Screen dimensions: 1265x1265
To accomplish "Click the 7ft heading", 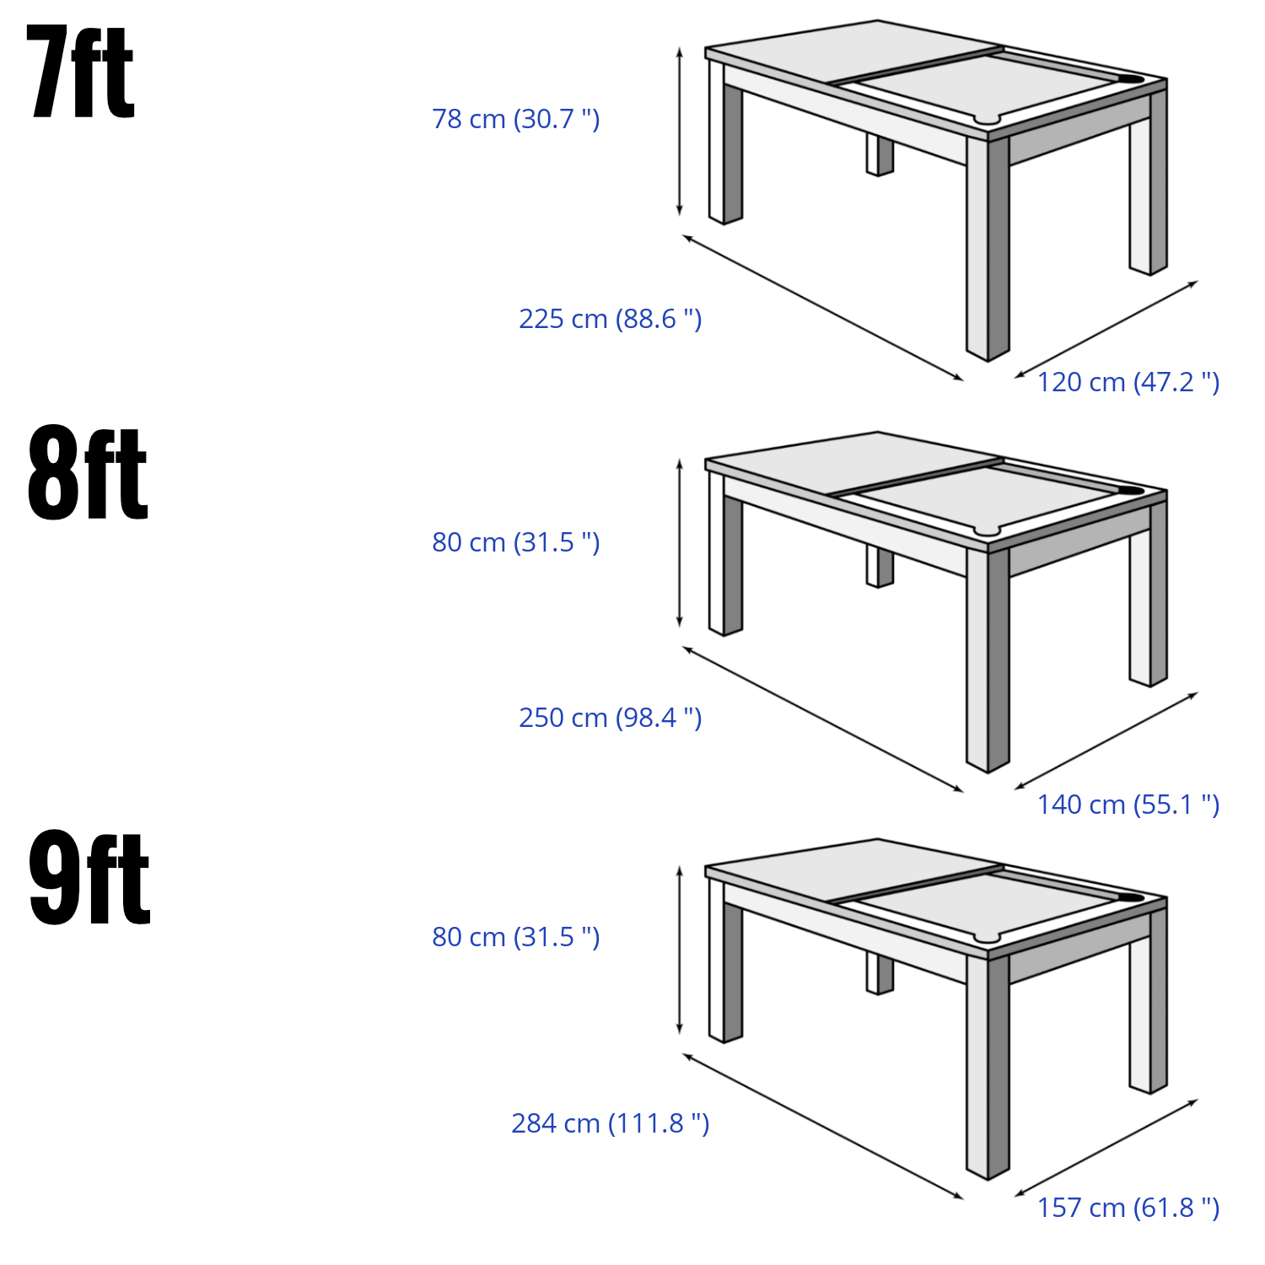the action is tap(81, 73).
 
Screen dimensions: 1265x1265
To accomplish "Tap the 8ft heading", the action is tap(88, 473).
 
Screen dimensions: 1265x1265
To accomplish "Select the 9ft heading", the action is tap(89, 878).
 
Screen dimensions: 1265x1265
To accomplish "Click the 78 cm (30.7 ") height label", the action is tap(516, 119).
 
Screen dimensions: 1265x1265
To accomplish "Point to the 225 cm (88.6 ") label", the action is tap(610, 319).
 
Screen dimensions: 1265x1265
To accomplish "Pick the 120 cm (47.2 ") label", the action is tap(1128, 382).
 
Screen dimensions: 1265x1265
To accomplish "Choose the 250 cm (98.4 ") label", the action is tap(610, 718).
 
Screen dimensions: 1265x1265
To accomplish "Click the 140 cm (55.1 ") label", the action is tap(1128, 805).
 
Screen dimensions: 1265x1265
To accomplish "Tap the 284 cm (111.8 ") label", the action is tap(610, 1123).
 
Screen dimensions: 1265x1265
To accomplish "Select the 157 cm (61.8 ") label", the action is tap(1128, 1208).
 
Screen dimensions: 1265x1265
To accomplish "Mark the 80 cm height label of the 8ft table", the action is tap(516, 542).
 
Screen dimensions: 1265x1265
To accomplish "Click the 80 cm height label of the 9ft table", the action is tap(516, 937).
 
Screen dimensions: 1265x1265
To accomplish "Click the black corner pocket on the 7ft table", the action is tap(1130, 80).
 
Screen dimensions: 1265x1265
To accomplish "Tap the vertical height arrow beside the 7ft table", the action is tap(680, 132).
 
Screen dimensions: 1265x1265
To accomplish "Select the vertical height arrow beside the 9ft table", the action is tap(680, 950).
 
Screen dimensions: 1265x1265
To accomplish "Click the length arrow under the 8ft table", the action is tap(823, 719).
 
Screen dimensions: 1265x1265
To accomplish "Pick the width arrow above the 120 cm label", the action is tap(1106, 329).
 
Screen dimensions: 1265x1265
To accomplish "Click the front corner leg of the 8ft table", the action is tap(988, 659).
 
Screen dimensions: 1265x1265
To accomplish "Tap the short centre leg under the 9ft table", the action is tap(880, 973).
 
